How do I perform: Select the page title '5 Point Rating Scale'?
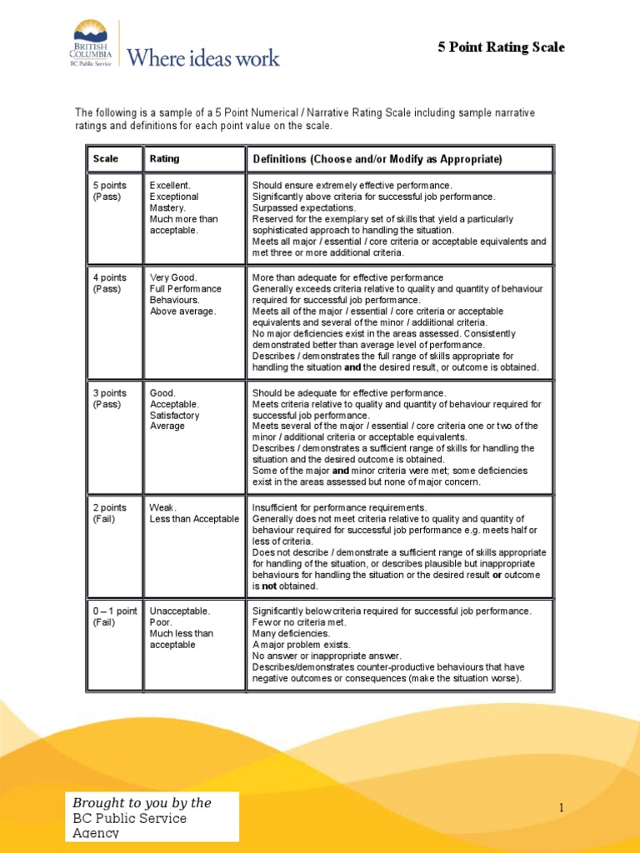point(501,47)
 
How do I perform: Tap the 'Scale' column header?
point(106,158)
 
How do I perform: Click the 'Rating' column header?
point(164,158)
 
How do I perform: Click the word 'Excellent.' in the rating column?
point(170,185)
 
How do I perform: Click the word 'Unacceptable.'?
point(179,611)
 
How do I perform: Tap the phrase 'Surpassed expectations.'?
point(303,207)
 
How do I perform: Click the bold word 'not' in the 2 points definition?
point(268,586)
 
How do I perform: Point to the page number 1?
point(562,807)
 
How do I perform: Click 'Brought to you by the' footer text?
point(142,803)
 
